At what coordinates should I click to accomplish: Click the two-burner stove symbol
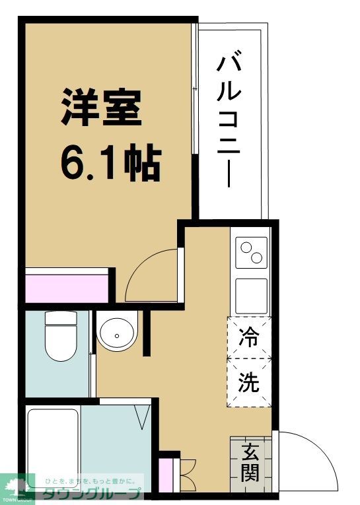[251, 252]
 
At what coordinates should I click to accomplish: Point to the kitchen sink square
[251, 296]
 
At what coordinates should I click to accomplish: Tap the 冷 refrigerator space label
[249, 338]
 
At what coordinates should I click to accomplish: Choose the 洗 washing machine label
[249, 382]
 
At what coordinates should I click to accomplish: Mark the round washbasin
[116, 334]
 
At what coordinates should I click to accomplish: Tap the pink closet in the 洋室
[67, 286]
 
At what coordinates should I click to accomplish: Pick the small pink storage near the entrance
[165, 474]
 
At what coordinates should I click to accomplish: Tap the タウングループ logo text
[92, 494]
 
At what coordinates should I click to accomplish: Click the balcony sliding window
[194, 119]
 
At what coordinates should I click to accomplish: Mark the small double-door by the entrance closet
[184, 473]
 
